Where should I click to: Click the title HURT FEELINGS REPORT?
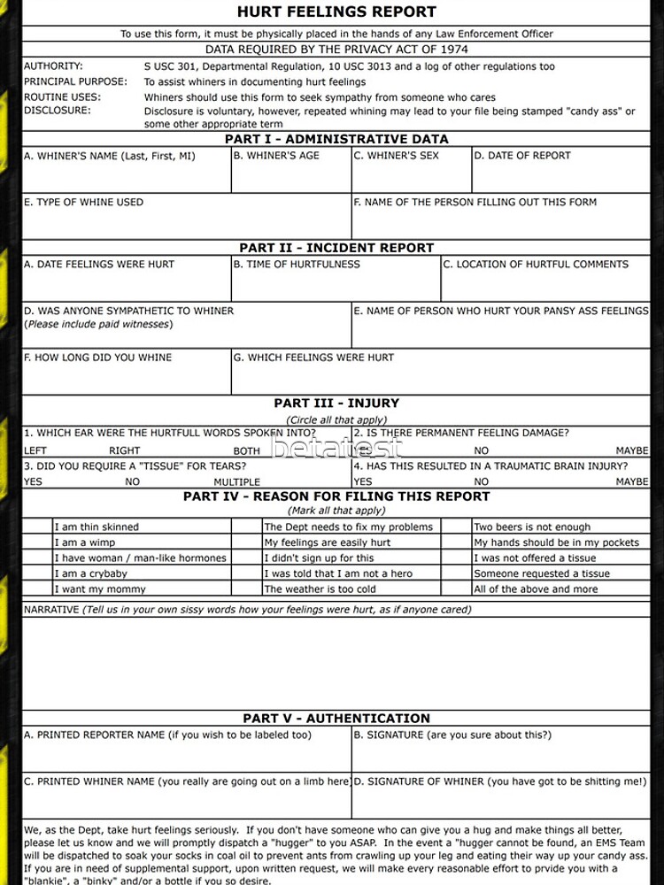click(336, 12)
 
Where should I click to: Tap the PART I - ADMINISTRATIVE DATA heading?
click(336, 139)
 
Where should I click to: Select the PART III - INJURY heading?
click(336, 404)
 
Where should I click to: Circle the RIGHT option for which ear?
click(125, 450)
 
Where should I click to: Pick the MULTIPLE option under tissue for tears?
click(236, 482)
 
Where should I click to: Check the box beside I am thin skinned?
click(38, 527)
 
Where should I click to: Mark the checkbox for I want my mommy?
click(38, 589)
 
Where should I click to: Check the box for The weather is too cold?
click(247, 589)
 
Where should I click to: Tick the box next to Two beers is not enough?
click(457, 527)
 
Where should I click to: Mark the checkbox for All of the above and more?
click(457, 589)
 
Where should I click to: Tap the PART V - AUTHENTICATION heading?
click(336, 719)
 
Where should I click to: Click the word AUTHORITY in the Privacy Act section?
click(53, 66)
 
